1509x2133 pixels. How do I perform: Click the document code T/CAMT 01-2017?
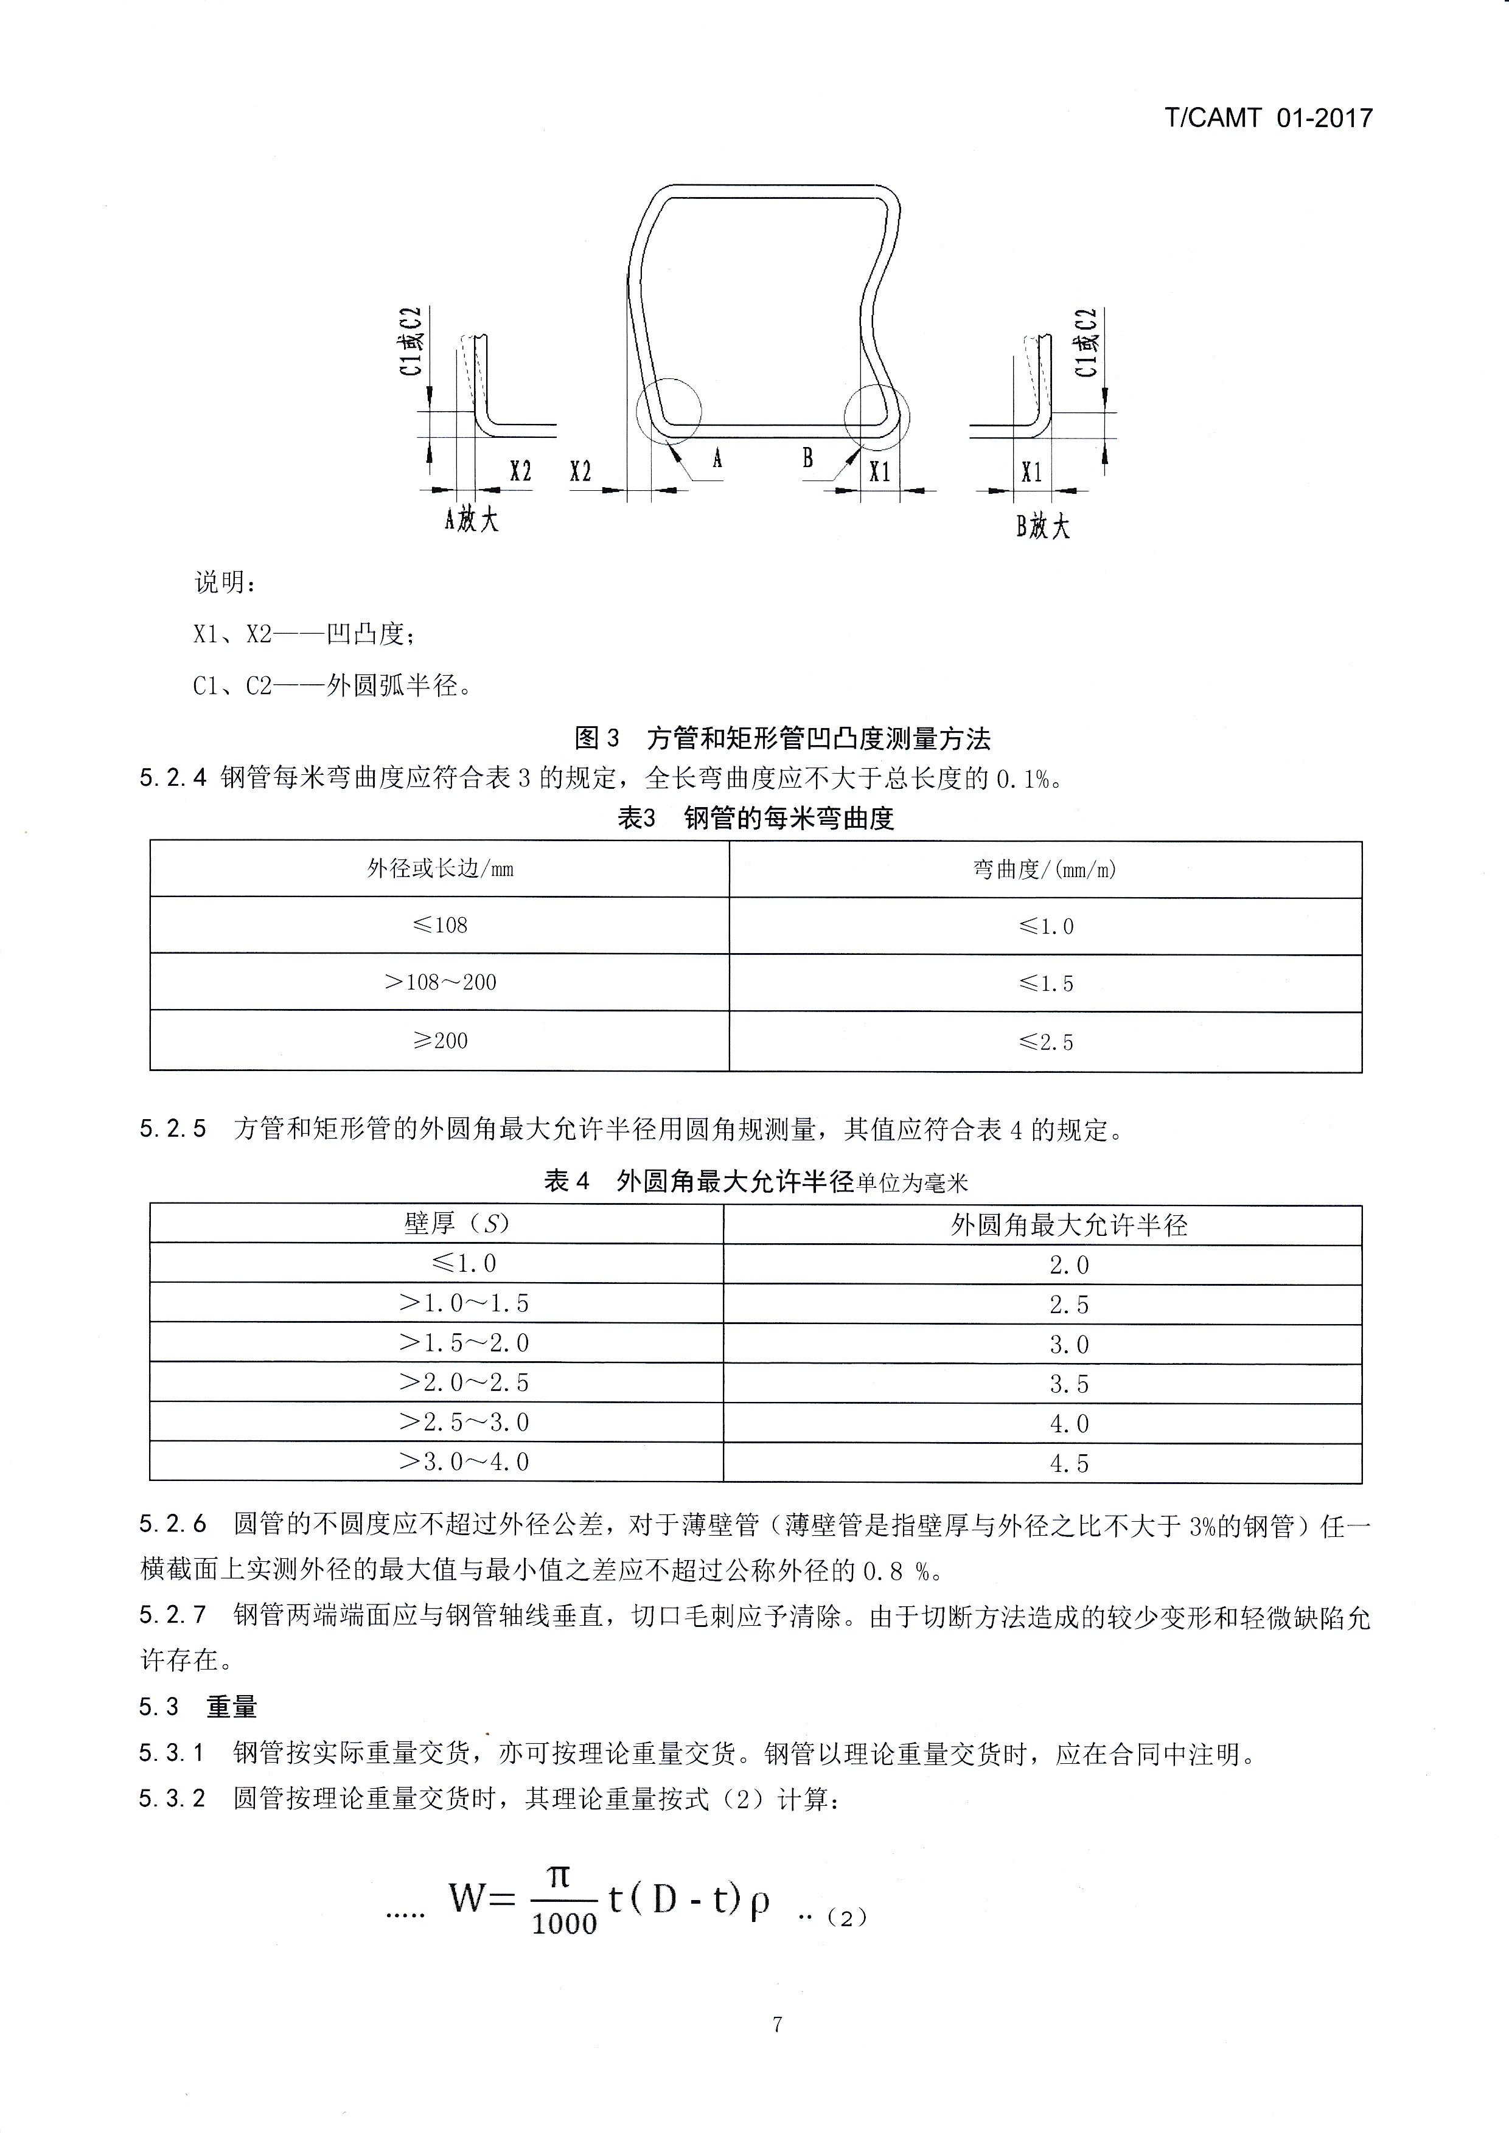pyautogui.click(x=1267, y=118)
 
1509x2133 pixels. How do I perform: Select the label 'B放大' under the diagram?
pyautogui.click(x=1042, y=527)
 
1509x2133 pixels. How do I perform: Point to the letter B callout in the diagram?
pyautogui.click(x=807, y=458)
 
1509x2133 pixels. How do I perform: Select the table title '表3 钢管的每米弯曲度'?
pyautogui.click(x=756, y=819)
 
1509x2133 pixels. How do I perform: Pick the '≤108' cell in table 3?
pyautogui.click(x=439, y=925)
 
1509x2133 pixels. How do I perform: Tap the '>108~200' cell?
pyautogui.click(x=439, y=982)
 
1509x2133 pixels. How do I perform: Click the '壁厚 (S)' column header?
pyautogui.click(x=456, y=1224)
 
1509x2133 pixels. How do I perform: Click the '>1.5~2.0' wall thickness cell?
pyautogui.click(x=464, y=1342)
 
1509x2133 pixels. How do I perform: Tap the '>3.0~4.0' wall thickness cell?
pyautogui.click(x=464, y=1462)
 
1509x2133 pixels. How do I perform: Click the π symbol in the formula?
pyautogui.click(x=559, y=1878)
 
